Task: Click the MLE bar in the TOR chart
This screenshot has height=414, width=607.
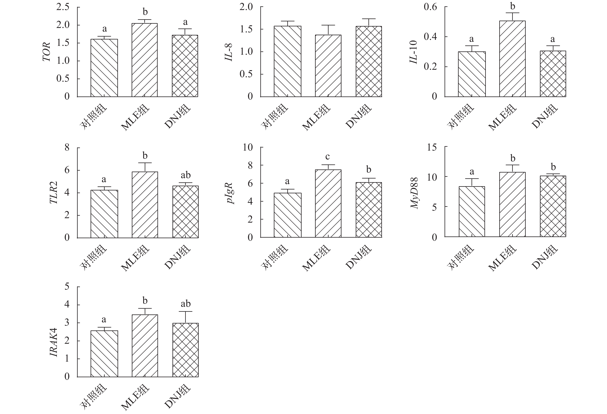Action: coord(145,60)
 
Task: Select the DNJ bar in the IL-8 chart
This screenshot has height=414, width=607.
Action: coord(368,61)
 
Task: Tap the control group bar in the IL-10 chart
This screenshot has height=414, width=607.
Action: coord(472,74)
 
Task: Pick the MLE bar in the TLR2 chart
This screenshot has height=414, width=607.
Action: coord(145,205)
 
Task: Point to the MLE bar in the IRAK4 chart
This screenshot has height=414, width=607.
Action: coord(145,346)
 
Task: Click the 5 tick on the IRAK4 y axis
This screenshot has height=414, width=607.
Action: coord(67,287)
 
